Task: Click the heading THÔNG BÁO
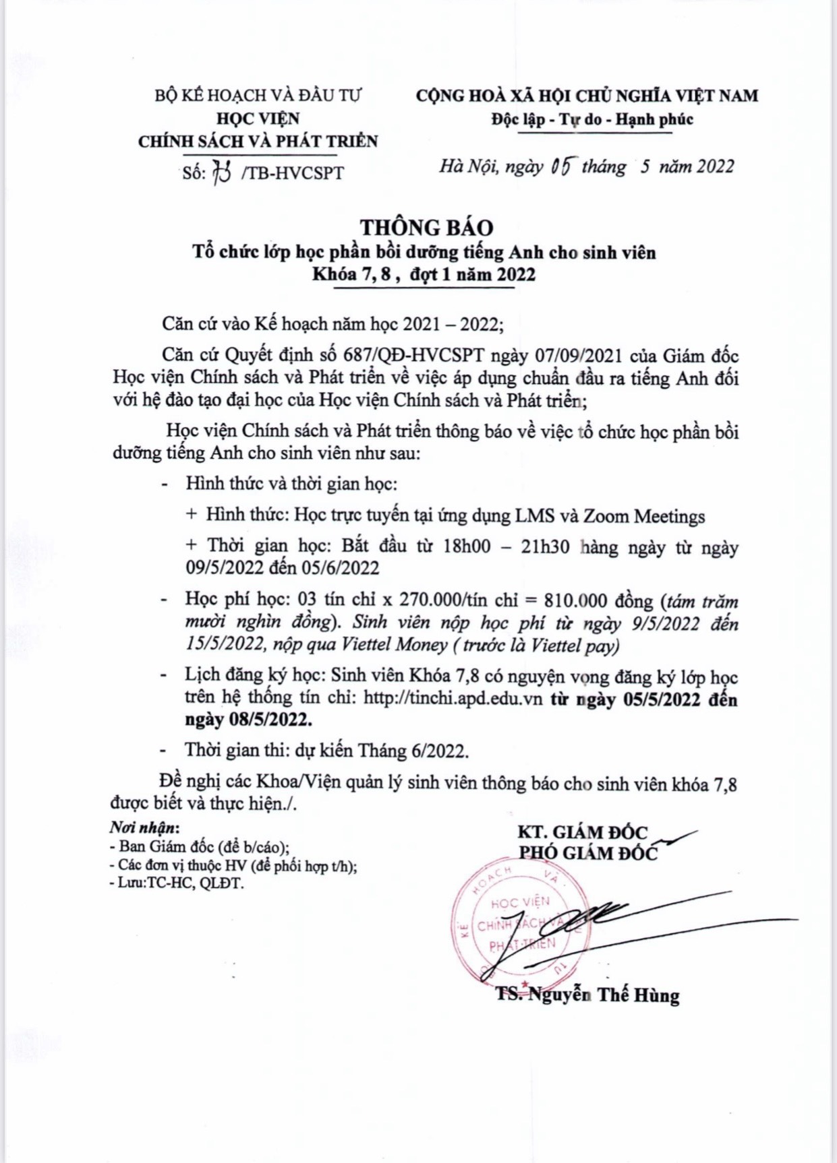pos(426,227)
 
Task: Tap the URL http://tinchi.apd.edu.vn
pos(453,698)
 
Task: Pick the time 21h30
pos(544,546)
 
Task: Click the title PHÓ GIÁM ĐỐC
pos(587,853)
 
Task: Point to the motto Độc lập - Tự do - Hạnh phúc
pos(591,119)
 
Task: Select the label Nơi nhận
pos(144,827)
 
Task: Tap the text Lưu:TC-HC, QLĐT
pos(180,883)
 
